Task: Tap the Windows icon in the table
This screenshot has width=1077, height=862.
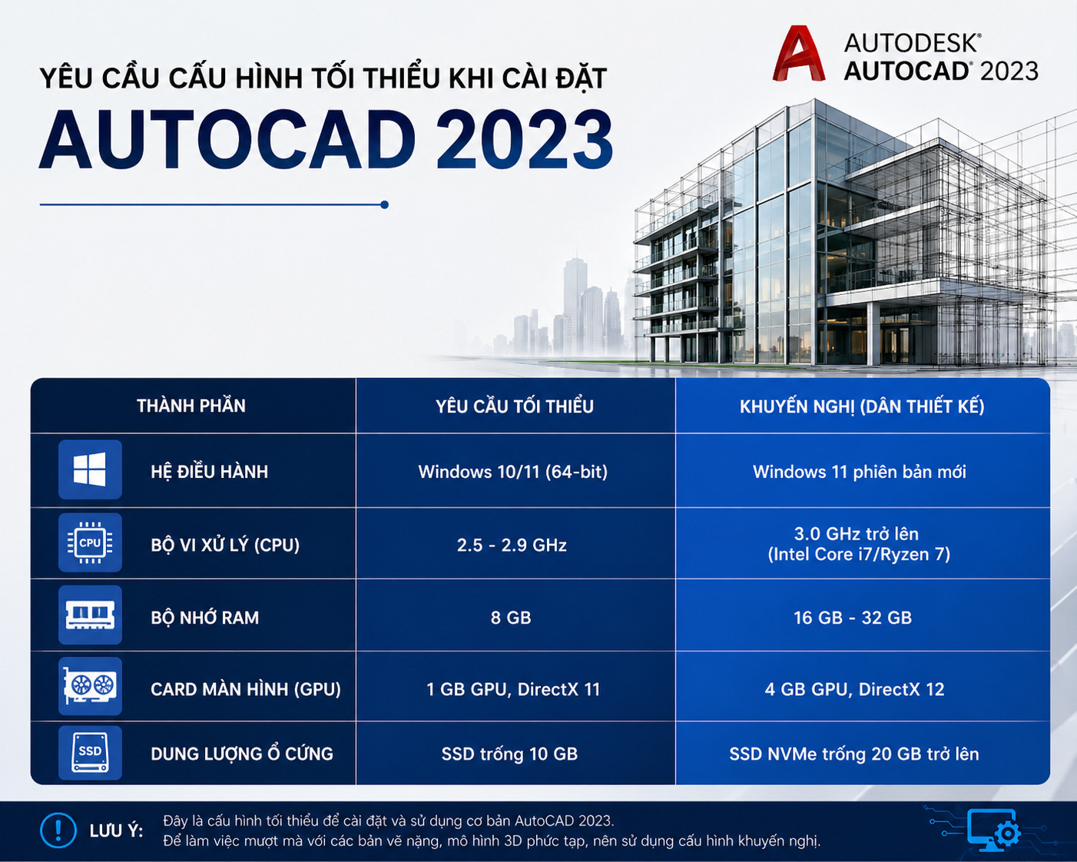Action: pos(90,469)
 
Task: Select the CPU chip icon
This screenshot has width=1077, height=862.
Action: pos(90,542)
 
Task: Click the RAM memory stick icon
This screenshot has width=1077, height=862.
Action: pos(90,615)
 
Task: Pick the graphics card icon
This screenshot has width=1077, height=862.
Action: pos(90,685)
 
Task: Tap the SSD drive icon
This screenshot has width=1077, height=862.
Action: pos(90,752)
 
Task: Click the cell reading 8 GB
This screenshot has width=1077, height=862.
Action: pos(511,618)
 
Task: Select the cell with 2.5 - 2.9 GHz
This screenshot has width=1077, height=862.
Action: pos(512,545)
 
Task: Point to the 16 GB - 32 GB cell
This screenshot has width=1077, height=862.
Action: pos(853,618)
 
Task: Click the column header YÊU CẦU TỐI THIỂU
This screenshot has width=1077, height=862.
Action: pos(515,406)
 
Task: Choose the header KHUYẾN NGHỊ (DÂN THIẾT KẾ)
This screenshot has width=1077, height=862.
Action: pos(862,406)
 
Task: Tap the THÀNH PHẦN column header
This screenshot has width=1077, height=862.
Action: pos(191,406)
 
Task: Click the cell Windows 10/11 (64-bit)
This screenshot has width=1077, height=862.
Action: pos(513,472)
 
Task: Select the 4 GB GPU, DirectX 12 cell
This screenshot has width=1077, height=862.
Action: pos(854,689)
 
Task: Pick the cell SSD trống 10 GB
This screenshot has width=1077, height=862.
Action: pos(509,754)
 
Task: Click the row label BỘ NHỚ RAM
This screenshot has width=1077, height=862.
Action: pos(204,618)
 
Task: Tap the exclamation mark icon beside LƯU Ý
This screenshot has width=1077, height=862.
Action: pos(58,831)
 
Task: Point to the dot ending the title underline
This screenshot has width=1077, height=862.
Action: pos(384,204)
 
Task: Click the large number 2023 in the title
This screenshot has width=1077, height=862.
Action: pos(525,140)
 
